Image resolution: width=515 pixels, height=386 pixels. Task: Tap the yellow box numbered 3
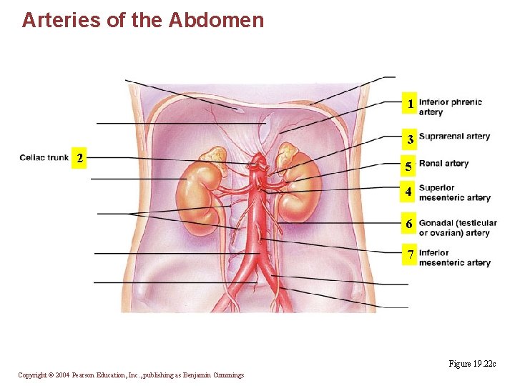411,139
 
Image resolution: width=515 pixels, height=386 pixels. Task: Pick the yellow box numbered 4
408,192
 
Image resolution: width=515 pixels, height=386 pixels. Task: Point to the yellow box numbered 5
408,168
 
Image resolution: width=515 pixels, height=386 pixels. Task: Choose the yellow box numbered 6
408,224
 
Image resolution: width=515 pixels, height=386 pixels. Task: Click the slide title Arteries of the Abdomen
143,20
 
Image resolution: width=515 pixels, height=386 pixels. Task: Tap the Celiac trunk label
44,157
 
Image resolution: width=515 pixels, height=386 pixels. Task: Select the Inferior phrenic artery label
451,107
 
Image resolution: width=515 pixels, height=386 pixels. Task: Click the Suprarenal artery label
454,137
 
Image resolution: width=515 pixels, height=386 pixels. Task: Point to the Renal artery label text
443,164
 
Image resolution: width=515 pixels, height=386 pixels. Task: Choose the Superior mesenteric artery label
454,193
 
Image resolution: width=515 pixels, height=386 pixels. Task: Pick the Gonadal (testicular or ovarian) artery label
458,228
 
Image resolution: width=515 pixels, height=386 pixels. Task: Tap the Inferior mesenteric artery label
454,257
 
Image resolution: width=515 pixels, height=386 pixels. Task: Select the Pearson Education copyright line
131,375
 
